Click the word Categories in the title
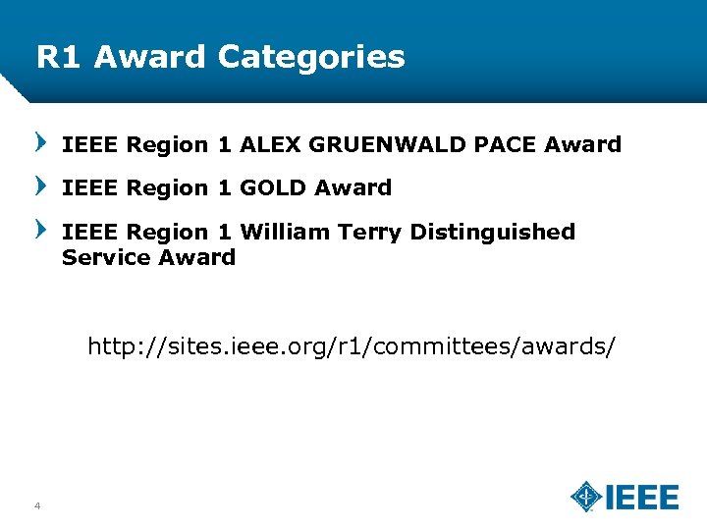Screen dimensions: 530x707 [311, 57]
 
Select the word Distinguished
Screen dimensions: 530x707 [493, 233]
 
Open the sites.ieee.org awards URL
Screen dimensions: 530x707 [353, 347]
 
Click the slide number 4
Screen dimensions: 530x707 [36, 506]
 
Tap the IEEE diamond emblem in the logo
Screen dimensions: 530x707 [586, 497]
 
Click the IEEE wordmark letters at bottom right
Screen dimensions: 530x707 [641, 497]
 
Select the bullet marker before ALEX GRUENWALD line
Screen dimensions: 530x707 [41, 144]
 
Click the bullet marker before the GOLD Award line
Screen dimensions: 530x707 [41, 186]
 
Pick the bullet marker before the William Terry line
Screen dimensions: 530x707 [41, 230]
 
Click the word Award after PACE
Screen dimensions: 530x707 [583, 145]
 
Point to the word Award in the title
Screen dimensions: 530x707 [150, 57]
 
